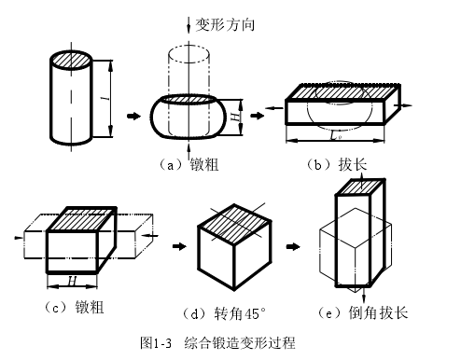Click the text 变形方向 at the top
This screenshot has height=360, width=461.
tap(225, 24)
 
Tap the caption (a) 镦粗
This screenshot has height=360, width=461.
tap(189, 164)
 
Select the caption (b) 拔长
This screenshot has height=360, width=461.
tap(337, 164)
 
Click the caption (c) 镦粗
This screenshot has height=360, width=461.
tap(75, 307)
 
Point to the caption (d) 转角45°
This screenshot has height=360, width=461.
tap(224, 313)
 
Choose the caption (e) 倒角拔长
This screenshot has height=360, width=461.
tap(363, 312)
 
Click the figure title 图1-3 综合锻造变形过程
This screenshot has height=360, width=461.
tap(217, 342)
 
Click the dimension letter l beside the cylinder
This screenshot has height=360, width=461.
tap(107, 98)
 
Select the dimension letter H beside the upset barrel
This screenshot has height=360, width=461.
tap(237, 117)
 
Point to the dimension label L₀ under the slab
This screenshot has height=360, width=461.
tap(336, 136)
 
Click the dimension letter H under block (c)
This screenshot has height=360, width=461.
tap(72, 282)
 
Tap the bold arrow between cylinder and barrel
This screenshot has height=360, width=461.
tap(134, 116)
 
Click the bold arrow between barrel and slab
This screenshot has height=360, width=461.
tap(258, 116)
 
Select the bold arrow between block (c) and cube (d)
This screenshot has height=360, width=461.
tap(179, 246)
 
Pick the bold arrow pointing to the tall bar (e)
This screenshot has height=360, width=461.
tap(293, 246)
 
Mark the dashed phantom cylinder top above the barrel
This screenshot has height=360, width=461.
tap(189, 54)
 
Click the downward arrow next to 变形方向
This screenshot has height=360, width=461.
tap(189, 24)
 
